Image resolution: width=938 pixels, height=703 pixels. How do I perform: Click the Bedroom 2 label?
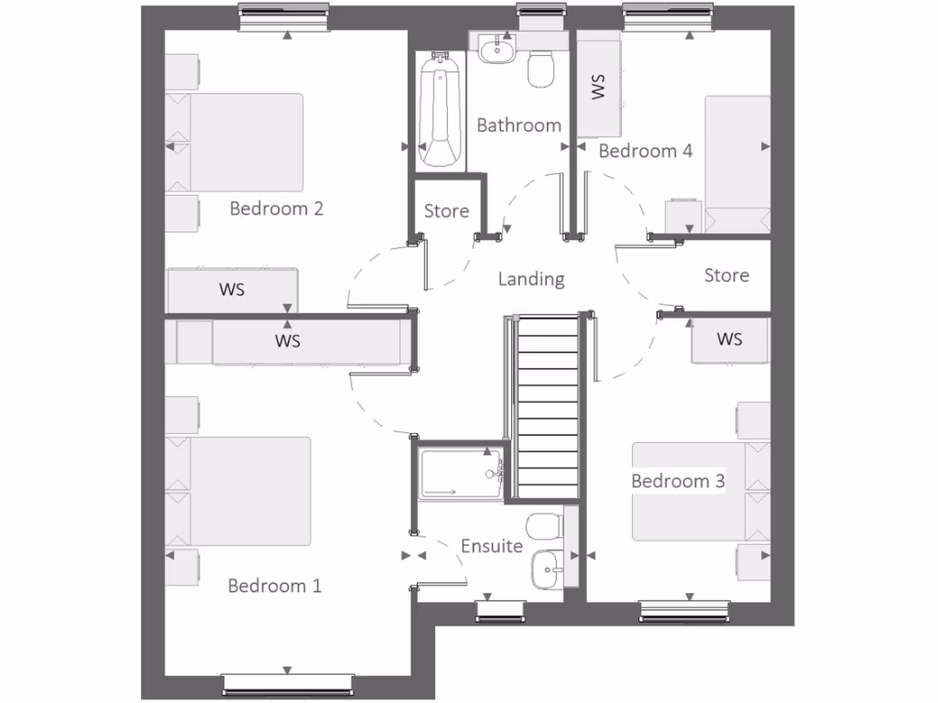(x=276, y=209)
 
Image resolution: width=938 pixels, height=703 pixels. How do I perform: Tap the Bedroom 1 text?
(x=275, y=586)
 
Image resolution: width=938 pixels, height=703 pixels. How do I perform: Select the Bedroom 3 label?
(x=678, y=481)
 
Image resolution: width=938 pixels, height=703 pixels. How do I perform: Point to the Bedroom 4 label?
(x=645, y=151)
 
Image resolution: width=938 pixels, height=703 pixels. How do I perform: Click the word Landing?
(x=531, y=279)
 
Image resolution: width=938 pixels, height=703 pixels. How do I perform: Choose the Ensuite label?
(x=492, y=546)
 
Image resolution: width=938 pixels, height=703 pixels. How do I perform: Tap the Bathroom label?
(x=518, y=125)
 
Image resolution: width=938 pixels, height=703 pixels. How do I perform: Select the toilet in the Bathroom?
(x=542, y=69)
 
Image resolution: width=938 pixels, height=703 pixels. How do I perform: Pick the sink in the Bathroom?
(x=496, y=47)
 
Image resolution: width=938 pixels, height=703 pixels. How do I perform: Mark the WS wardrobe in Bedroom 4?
(x=599, y=88)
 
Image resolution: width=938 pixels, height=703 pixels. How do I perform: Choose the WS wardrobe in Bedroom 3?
(x=729, y=340)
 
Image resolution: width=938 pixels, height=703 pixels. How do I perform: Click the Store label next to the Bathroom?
(x=446, y=211)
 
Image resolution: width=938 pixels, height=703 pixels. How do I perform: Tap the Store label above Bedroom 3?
(x=726, y=276)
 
